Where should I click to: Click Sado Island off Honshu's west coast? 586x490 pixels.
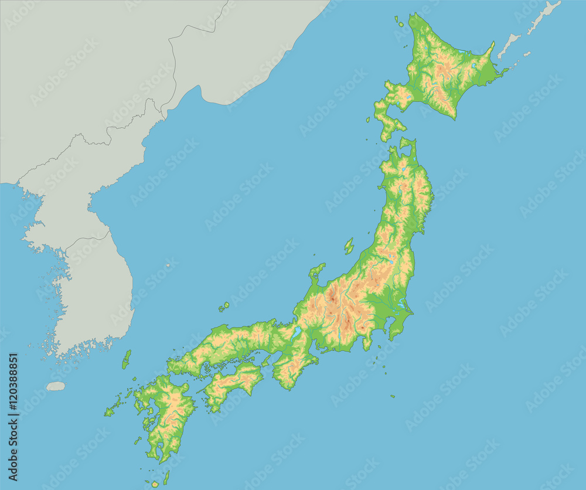(x=349, y=246)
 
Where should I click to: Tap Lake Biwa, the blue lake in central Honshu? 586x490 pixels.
(x=297, y=333)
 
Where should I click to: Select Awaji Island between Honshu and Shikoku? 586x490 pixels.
(x=266, y=361)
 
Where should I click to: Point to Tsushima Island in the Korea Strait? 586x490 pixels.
(x=127, y=359)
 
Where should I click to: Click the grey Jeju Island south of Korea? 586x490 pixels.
(x=56, y=386)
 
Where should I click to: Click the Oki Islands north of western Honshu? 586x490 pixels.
(x=224, y=306)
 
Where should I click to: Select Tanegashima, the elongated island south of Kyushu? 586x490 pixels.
(x=166, y=477)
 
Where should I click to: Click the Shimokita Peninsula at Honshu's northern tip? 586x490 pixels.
(x=407, y=147)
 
